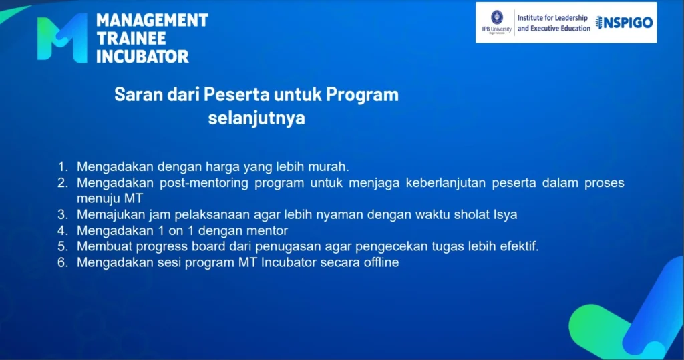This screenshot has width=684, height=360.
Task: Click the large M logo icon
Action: (62, 38)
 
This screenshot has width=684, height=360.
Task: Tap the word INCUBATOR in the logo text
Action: (143, 57)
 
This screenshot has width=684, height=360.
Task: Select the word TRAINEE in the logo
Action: (132, 38)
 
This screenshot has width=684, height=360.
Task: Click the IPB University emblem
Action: (497, 18)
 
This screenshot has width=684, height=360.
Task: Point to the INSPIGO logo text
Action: (625, 23)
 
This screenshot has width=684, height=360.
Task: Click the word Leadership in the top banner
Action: (566, 18)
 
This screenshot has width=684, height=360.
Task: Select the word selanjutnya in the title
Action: (256, 118)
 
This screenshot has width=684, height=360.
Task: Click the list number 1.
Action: (63, 167)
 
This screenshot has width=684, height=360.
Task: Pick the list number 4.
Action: (63, 230)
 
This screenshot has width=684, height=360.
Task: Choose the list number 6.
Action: (63, 262)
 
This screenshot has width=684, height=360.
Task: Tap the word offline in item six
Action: (381, 262)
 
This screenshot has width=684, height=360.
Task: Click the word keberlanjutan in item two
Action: (446, 183)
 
